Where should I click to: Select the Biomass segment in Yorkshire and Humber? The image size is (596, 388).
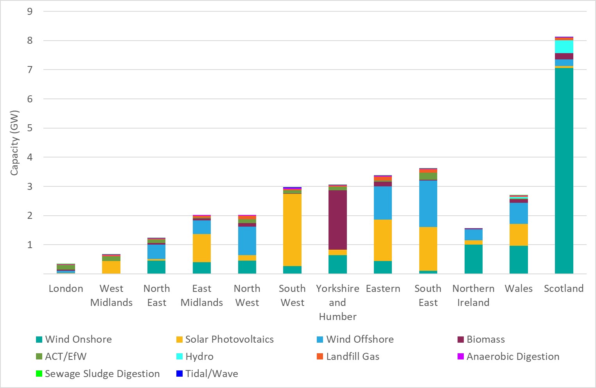tap(337, 220)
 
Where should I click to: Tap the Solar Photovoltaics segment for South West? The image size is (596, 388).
tap(292, 230)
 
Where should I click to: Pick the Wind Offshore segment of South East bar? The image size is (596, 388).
tap(428, 204)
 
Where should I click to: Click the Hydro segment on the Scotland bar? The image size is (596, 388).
tap(564, 47)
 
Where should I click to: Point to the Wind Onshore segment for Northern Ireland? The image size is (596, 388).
tap(473, 259)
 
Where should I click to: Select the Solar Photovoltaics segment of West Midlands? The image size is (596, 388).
tap(111, 267)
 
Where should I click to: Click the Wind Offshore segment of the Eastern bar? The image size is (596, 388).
tap(383, 203)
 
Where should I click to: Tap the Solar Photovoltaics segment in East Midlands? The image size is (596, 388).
tap(202, 248)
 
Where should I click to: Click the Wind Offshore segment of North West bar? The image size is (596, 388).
tap(247, 241)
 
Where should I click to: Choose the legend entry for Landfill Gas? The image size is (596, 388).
tap(352, 356)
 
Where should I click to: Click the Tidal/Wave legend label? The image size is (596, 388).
tap(211, 374)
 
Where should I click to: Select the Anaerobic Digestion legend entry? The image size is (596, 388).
tap(512, 356)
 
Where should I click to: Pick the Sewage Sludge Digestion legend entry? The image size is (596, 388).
tap(102, 374)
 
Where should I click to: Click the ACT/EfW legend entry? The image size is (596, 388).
tap(65, 356)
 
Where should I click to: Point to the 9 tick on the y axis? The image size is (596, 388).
tap(30, 11)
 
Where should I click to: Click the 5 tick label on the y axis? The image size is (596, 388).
tap(30, 128)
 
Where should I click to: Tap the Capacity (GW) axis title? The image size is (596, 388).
tap(14, 143)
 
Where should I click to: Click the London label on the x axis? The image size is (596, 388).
tap(66, 288)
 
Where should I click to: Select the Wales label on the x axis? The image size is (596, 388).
tap(519, 288)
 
